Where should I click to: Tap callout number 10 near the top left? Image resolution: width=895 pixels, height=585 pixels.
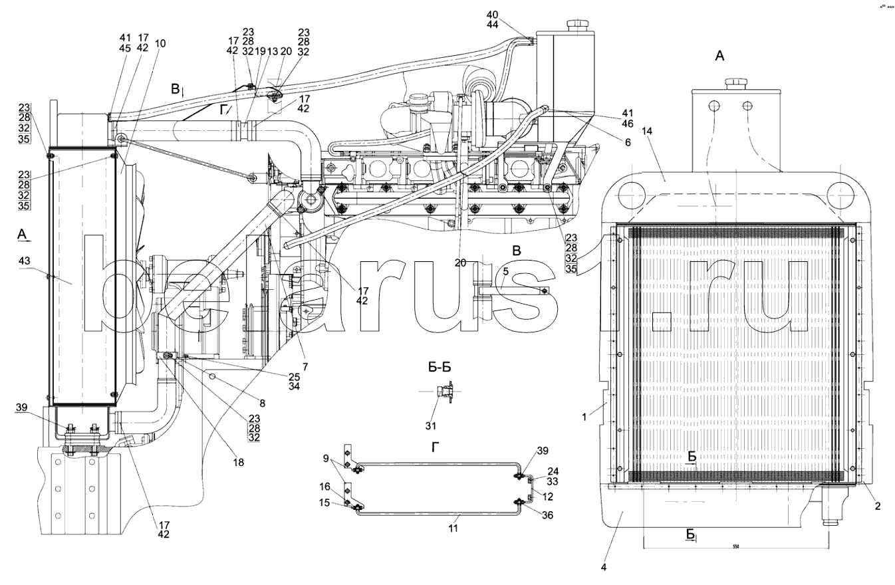[x=160, y=43]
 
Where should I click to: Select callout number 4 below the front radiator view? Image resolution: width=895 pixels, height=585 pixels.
[x=604, y=567]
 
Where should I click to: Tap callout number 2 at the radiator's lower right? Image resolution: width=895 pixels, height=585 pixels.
[x=878, y=507]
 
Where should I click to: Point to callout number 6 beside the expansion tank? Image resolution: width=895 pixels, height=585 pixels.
[x=627, y=142]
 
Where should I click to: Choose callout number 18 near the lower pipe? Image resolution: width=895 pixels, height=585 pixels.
[x=239, y=462]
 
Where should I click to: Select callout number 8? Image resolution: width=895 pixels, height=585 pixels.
[x=262, y=403]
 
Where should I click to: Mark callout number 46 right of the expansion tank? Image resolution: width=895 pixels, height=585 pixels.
[x=628, y=124]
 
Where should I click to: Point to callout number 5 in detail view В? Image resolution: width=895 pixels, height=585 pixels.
[x=505, y=271]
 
